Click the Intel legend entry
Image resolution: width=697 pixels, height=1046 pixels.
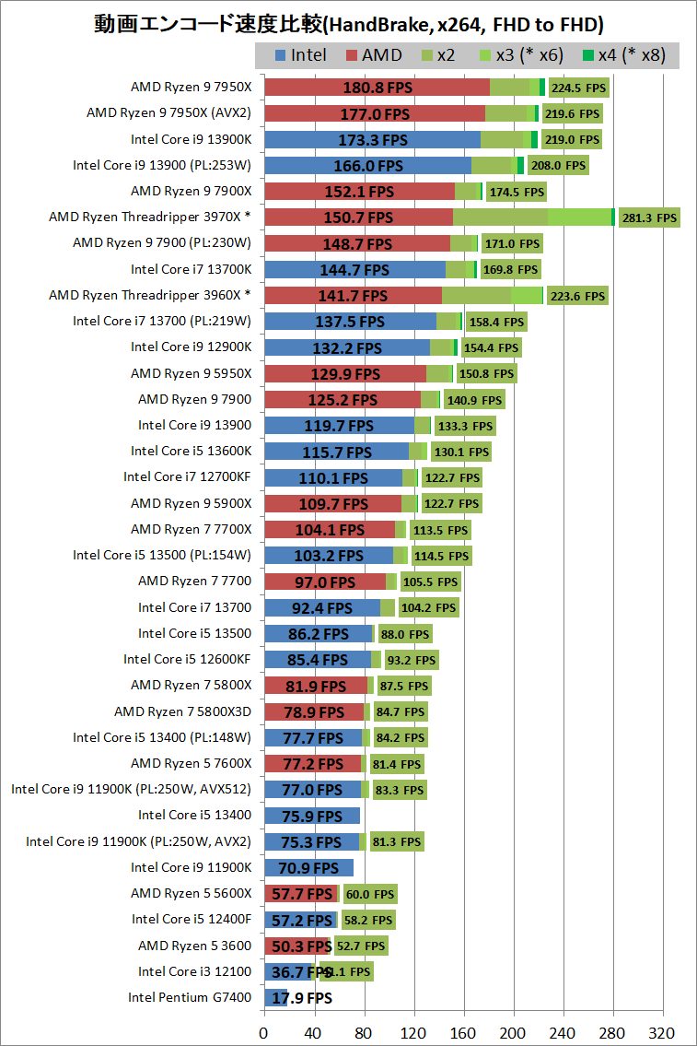click(300, 55)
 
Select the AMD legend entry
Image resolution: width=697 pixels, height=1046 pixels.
click(373, 55)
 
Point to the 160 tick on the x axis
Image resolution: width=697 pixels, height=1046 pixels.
click(464, 1030)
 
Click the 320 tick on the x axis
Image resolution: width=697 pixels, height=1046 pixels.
click(663, 1030)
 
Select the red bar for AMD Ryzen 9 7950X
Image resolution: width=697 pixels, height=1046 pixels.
click(377, 88)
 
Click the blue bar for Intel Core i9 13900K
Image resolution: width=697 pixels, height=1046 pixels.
click(372, 140)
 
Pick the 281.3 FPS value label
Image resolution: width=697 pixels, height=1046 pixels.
click(649, 218)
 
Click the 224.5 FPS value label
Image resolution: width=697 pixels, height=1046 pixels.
click(578, 88)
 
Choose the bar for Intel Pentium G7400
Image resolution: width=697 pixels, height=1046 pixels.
click(275, 997)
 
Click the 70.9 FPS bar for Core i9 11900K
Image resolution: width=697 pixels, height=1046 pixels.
click(308, 867)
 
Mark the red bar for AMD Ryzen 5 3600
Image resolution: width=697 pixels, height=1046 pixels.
click(296, 946)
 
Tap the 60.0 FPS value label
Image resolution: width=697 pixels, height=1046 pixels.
click(369, 893)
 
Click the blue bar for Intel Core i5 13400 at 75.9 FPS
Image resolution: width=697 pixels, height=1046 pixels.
click(311, 815)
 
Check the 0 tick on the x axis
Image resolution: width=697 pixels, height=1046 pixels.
click(264, 1030)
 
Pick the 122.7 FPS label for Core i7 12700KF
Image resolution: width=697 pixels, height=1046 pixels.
click(451, 477)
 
